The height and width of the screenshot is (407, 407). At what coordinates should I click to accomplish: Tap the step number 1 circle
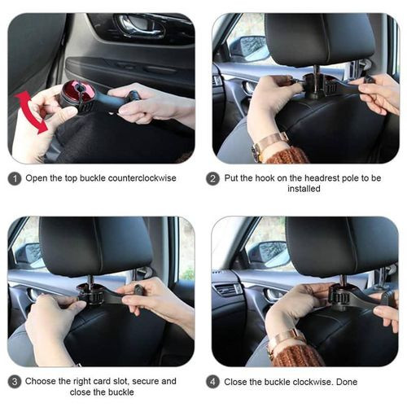(15, 179)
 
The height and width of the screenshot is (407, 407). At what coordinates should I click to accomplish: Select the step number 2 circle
(212, 179)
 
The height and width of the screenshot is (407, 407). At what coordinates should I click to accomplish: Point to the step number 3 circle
(15, 382)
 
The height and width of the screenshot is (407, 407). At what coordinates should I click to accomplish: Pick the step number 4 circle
(212, 382)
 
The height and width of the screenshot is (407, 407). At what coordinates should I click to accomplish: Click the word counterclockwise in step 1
(142, 178)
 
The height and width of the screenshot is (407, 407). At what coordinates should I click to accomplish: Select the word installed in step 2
(304, 189)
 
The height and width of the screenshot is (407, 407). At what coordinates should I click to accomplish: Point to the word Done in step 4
(347, 382)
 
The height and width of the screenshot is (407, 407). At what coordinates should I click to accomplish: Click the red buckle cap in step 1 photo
(79, 90)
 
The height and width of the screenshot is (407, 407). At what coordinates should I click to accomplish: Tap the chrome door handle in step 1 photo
(140, 26)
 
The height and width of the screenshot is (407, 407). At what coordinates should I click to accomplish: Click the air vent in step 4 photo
(227, 290)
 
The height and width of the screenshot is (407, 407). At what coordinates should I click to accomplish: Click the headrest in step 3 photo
(95, 246)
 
